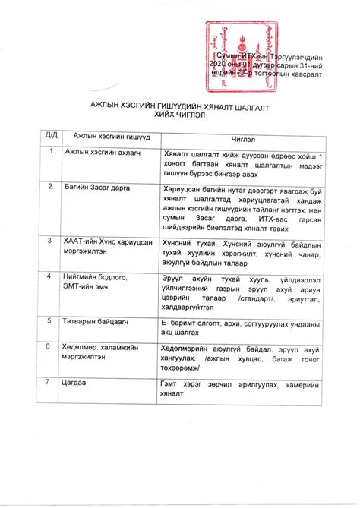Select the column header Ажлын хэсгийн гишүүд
click(x=111, y=136)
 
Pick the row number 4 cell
click(x=50, y=276)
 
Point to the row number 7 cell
click(x=49, y=383)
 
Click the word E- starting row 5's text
click(x=165, y=322)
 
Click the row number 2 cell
click(x=50, y=185)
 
